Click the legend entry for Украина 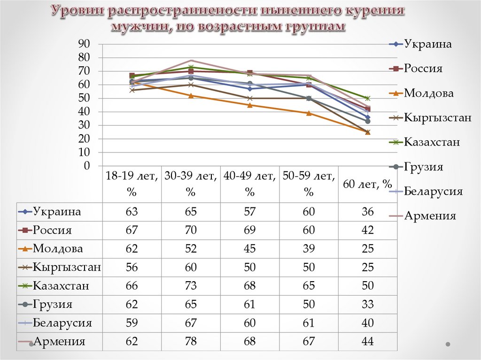(x=428, y=45)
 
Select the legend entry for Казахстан (x=432, y=142)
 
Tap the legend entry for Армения (x=430, y=216)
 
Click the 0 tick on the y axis (x=86, y=166)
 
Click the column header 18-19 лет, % (x=132, y=184)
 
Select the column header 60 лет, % (x=368, y=184)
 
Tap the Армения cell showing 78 (x=191, y=341)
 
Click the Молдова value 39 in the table (x=309, y=249)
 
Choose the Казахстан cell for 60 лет (x=368, y=286)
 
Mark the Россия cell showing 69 (x=249, y=230)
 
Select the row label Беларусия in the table (x=62, y=323)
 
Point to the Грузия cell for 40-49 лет (x=249, y=305)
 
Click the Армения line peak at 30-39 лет (x=191, y=60)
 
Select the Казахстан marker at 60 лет (x=368, y=98)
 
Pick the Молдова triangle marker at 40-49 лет (x=249, y=105)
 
